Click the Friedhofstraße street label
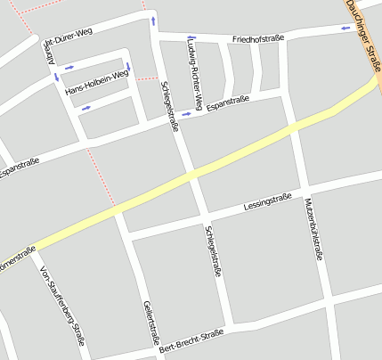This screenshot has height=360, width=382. [257, 39]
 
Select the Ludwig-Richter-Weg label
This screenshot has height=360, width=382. [195, 70]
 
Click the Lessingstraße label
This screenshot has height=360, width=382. [267, 202]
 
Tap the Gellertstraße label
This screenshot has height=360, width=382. [150, 322]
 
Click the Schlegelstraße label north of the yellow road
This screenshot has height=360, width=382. [168, 106]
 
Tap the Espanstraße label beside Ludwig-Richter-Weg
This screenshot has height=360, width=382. [227, 103]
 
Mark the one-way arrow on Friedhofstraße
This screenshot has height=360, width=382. [345, 29]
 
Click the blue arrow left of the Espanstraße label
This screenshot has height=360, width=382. [186, 114]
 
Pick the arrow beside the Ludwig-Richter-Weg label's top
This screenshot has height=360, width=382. [191, 38]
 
